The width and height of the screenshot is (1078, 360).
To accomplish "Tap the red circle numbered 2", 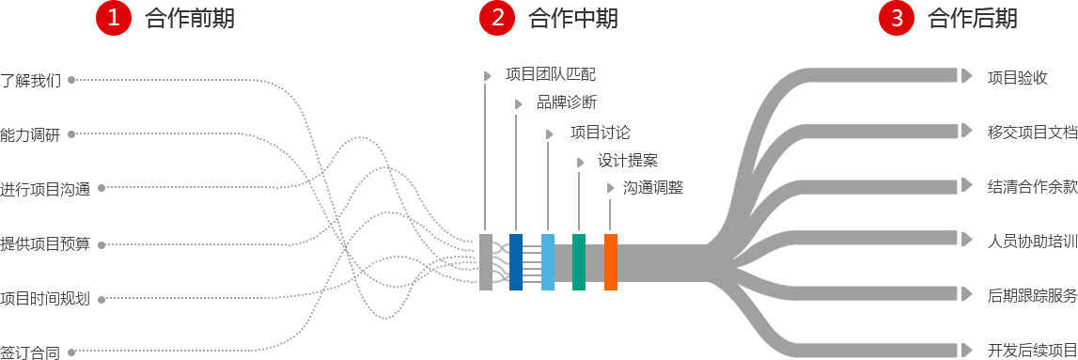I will click(497, 18).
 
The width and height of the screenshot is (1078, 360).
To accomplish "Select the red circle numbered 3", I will click(897, 18).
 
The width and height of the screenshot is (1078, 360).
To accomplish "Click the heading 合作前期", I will click(190, 18).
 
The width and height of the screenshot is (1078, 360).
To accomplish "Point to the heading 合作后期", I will click(972, 18).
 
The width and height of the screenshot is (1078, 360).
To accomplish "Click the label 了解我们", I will click(31, 81).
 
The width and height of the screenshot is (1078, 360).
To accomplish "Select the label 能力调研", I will click(30, 134).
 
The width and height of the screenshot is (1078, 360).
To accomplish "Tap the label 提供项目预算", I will click(45, 244).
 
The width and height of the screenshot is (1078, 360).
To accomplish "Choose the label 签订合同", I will click(30, 353).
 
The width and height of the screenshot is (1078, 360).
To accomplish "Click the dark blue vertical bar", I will click(516, 261).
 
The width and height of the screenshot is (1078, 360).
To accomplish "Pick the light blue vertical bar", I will click(548, 261).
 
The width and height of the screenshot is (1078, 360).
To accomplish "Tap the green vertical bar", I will click(579, 261).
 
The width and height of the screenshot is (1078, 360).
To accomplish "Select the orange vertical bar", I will click(611, 261).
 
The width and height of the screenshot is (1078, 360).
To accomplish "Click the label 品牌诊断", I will click(567, 102).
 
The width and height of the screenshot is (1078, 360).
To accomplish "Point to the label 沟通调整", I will click(653, 188).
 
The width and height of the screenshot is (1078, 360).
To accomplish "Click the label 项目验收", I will click(1018, 77).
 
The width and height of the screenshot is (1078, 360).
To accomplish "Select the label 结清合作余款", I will click(1032, 186).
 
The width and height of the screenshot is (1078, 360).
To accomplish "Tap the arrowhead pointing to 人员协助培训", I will click(966, 239).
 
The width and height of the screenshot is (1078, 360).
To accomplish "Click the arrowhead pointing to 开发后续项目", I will click(966, 348).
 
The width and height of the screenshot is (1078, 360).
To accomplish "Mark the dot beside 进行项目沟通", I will click(102, 188).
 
